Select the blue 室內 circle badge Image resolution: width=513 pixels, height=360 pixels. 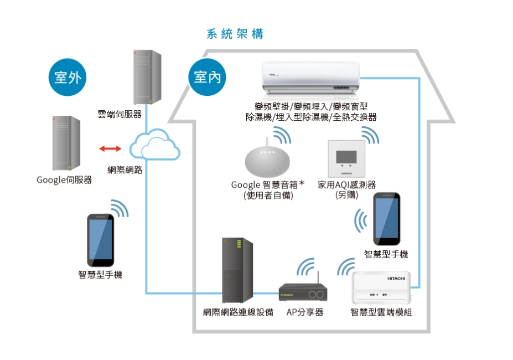click(x=208, y=77)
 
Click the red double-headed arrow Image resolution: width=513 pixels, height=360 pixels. click(x=110, y=148)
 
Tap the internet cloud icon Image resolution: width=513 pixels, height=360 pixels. click(x=154, y=145)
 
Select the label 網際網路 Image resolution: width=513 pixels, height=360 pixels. click(x=125, y=170)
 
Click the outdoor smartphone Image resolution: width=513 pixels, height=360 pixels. click(x=101, y=240)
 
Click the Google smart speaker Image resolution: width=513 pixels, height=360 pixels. click(x=267, y=161)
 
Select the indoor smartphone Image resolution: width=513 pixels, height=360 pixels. click(x=386, y=219)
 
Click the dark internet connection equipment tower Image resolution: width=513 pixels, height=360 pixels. click(x=237, y=270)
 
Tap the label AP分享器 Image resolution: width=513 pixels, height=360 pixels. click(x=304, y=312)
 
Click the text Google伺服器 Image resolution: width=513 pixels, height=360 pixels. click(x=64, y=180)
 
